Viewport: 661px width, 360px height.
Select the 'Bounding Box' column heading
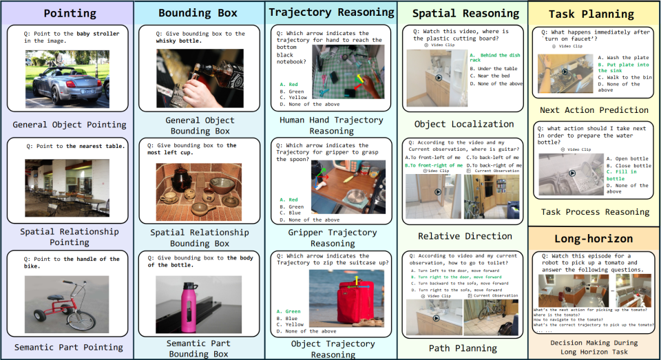(x=198, y=13)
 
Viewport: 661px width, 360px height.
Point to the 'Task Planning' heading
(x=594, y=14)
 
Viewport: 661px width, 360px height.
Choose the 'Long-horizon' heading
(x=594, y=238)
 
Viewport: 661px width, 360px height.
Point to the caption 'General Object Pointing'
(x=69, y=125)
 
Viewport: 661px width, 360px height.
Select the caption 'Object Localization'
(x=463, y=124)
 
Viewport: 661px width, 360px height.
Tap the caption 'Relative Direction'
(x=464, y=235)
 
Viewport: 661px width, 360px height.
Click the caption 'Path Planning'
(x=463, y=348)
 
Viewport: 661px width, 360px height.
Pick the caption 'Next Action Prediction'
(x=594, y=109)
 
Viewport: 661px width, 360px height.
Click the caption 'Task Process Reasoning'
(x=594, y=212)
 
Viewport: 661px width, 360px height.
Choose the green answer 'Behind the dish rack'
(x=496, y=57)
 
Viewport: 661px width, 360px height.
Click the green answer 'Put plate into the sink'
(x=623, y=68)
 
